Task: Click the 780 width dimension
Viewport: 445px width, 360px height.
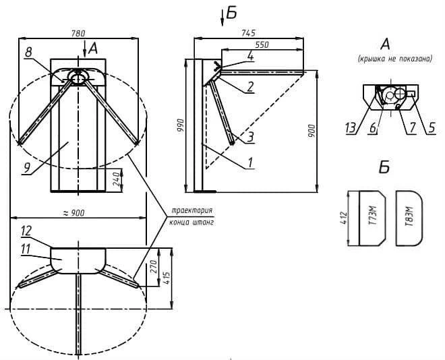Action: coord(78,34)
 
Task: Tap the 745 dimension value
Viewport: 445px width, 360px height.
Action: coord(249,33)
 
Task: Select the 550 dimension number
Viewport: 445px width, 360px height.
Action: coord(262,44)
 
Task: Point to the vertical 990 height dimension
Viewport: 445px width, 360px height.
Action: coord(181,125)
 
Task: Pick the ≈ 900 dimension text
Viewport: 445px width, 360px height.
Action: coord(73,213)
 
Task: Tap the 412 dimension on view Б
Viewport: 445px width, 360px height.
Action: coord(344,218)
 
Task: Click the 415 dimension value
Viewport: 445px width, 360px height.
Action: coord(167,279)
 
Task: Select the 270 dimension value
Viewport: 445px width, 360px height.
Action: coord(154,266)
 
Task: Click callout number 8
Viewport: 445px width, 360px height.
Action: coord(28,52)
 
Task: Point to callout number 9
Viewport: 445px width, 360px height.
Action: coord(26,168)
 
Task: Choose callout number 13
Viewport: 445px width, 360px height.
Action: coord(351,128)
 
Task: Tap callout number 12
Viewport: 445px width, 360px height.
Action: coord(26,231)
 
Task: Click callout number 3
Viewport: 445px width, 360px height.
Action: coord(250,137)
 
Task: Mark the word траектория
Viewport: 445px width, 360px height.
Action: coord(192,210)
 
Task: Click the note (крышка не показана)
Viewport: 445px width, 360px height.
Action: coord(395,59)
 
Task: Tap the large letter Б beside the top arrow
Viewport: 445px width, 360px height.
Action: coord(231,13)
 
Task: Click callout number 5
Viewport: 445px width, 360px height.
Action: coord(432,128)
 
